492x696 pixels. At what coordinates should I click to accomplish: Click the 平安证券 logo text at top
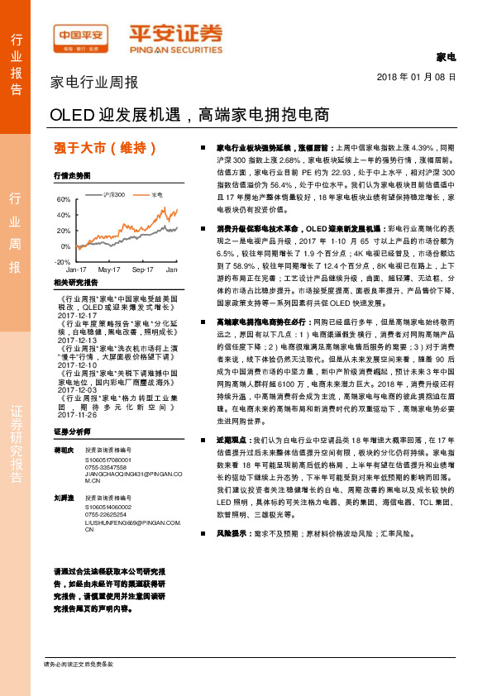coord(174,32)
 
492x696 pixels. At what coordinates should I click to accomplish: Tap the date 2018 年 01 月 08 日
coord(410,76)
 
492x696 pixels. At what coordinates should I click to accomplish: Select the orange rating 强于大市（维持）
coord(105,149)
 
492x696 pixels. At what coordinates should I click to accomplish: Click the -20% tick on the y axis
coord(63,261)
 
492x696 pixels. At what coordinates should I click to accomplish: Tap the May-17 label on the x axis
coord(109,270)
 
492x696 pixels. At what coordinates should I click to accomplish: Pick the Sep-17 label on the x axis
coord(143,270)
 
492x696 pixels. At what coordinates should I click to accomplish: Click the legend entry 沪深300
coord(114,194)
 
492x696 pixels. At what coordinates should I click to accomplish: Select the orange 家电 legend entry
coord(157,194)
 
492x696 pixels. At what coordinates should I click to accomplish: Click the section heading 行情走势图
coord(71,176)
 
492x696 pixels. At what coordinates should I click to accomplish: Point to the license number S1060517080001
coord(109,459)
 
